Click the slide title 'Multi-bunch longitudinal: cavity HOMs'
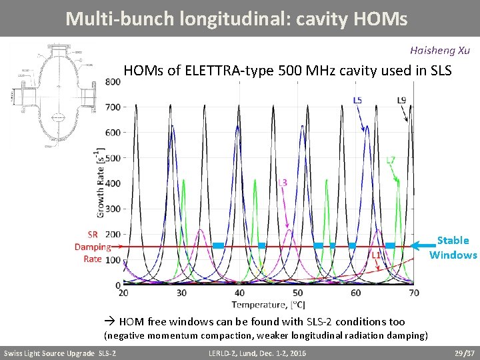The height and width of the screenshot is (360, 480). tap(236, 18)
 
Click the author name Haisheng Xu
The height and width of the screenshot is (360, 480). tap(440, 50)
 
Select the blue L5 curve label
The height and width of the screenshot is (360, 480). tap(357, 100)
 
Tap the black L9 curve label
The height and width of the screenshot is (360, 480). tap(401, 100)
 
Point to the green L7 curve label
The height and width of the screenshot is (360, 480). tap(391, 160)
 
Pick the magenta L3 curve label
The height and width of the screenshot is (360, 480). tap(282, 182)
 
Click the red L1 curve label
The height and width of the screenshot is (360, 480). tap(375, 255)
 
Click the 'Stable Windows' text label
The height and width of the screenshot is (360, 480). tap(453, 247)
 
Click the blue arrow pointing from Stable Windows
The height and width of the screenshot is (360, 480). tap(423, 245)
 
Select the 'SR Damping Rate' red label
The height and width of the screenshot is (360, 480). tap(92, 247)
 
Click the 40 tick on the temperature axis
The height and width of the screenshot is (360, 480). tap(239, 293)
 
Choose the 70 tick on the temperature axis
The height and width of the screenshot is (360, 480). tap(414, 293)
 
